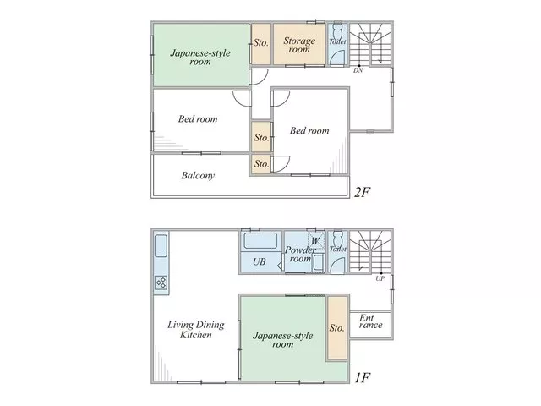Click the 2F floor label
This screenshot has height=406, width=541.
(363, 192)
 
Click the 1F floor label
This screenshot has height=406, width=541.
(363, 378)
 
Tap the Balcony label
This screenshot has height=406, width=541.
(198, 176)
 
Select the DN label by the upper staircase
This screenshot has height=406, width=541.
(358, 70)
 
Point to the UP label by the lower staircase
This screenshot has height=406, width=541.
(380, 278)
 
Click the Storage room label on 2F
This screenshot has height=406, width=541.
(299, 45)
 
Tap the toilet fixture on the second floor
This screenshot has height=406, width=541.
(337, 32)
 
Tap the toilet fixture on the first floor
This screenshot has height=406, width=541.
(337, 239)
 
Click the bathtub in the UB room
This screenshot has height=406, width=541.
(260, 240)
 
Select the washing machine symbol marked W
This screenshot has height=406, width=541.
(315, 240)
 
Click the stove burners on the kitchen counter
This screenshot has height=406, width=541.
(161, 283)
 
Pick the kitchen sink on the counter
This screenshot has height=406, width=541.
(161, 246)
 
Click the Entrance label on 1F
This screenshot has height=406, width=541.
(371, 321)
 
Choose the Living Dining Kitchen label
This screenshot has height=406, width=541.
(196, 330)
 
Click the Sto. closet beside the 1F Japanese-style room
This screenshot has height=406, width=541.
(336, 328)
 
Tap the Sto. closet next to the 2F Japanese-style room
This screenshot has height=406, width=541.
(261, 43)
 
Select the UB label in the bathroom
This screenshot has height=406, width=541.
(260, 261)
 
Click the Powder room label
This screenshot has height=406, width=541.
(299, 254)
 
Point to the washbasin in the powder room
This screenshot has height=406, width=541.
(318, 263)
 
